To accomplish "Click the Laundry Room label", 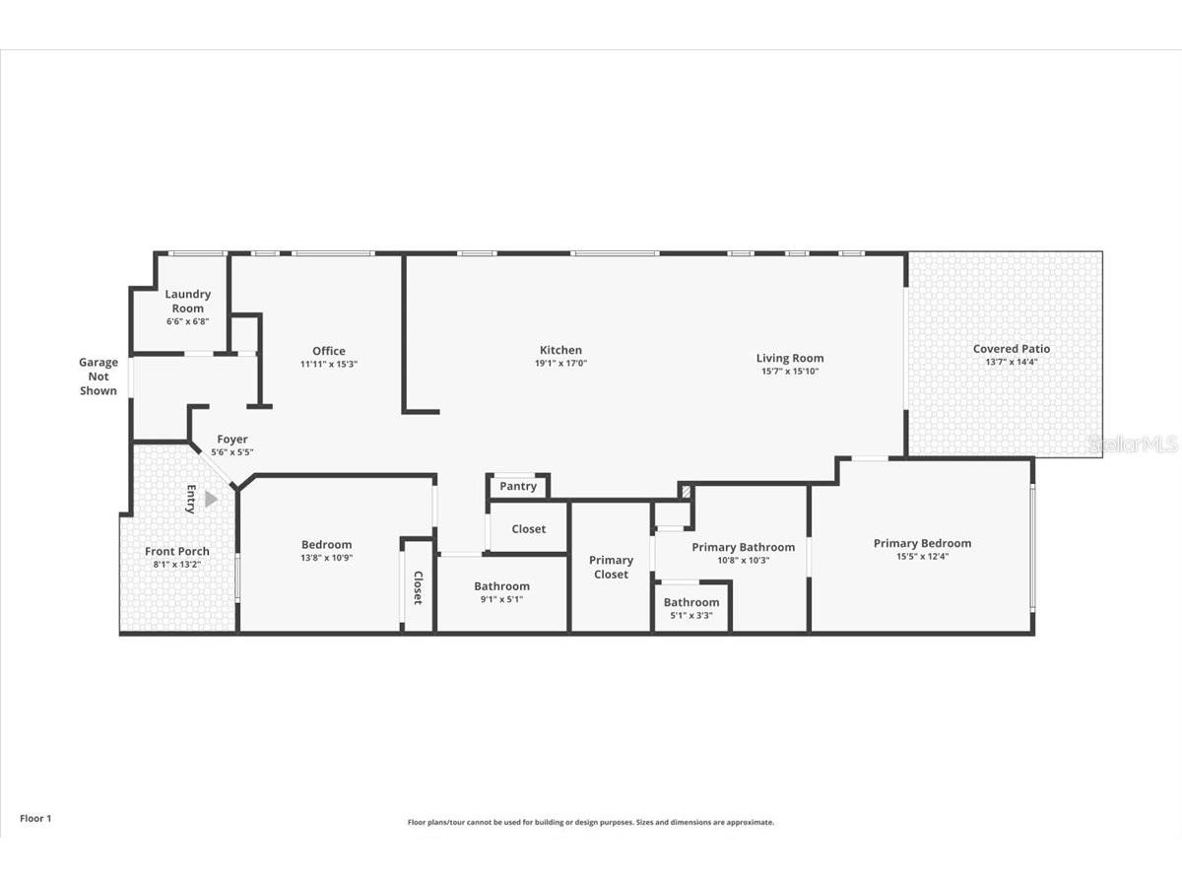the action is [x=187, y=301].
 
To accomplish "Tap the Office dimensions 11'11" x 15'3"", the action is [x=328, y=364].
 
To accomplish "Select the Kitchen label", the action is [x=560, y=350].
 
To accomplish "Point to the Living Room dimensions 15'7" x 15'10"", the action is [x=790, y=372].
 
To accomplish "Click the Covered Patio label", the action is [x=1012, y=349].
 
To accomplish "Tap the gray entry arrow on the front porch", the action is [x=211, y=500].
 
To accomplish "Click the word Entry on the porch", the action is [x=191, y=500].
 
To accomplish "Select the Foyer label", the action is [x=232, y=440].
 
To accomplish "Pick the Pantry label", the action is [x=518, y=486].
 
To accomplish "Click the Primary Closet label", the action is [x=611, y=568].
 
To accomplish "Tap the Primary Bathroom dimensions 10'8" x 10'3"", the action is [x=743, y=561].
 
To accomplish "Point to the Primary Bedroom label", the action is [x=922, y=543].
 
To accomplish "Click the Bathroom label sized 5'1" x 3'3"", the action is [x=691, y=602].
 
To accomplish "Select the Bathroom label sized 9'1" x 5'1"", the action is [x=502, y=586].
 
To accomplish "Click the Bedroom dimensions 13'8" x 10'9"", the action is [x=326, y=558].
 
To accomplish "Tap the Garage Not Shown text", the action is [x=98, y=376].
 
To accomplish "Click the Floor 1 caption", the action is [x=35, y=819].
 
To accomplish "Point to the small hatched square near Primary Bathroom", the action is [x=686, y=492].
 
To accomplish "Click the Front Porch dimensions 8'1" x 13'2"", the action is [x=176, y=565].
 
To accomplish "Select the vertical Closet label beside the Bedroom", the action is [x=418, y=588].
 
